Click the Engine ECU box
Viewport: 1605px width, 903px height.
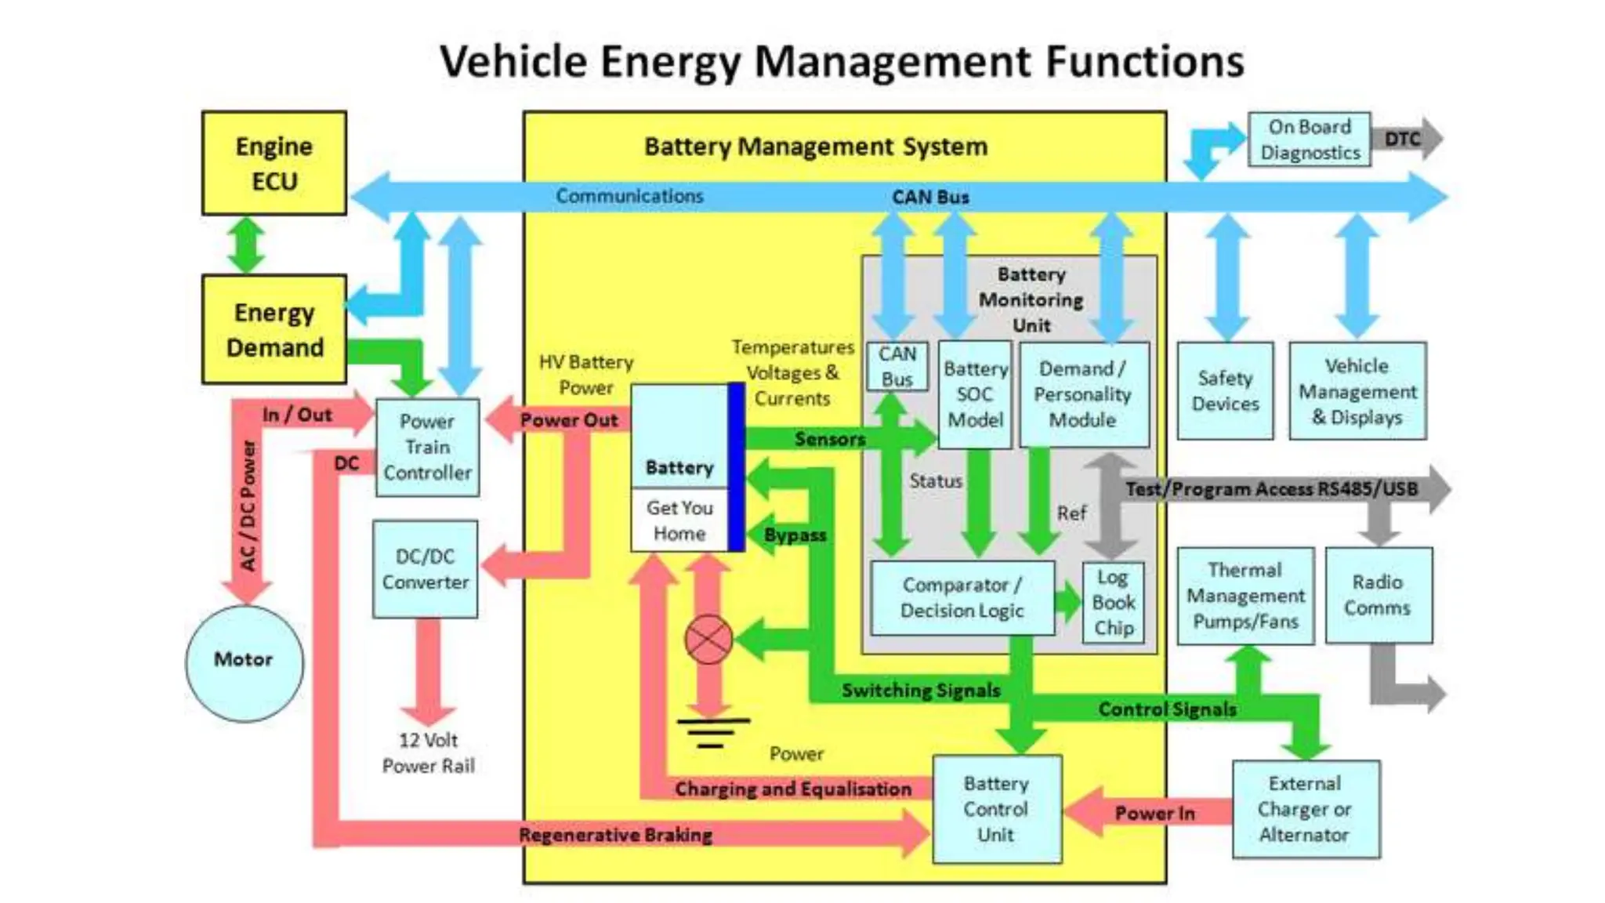(x=274, y=163)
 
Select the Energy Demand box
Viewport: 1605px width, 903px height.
(x=274, y=329)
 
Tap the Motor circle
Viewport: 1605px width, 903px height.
(x=244, y=662)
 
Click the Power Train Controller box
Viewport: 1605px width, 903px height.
(x=427, y=448)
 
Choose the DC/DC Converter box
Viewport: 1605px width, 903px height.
(x=425, y=569)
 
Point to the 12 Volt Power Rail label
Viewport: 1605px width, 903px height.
(x=428, y=752)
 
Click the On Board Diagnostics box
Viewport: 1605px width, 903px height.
(x=1309, y=140)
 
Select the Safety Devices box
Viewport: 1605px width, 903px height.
(x=1225, y=390)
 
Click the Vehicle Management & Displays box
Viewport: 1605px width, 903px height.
(x=1357, y=390)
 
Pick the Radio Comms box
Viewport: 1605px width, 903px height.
(x=1378, y=595)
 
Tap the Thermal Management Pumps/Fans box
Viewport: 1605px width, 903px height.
(x=1245, y=596)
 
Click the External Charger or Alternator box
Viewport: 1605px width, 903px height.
(x=1305, y=809)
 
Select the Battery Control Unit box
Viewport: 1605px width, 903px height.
(x=996, y=809)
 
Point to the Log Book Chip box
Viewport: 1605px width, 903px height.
(x=1113, y=603)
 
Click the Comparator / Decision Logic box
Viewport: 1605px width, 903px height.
(x=962, y=598)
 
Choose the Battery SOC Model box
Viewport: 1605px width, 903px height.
(x=975, y=394)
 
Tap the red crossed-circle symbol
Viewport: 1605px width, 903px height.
(x=708, y=640)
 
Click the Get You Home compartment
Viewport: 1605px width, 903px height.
(x=679, y=520)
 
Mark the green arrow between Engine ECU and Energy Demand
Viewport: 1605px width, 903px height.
(x=246, y=245)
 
